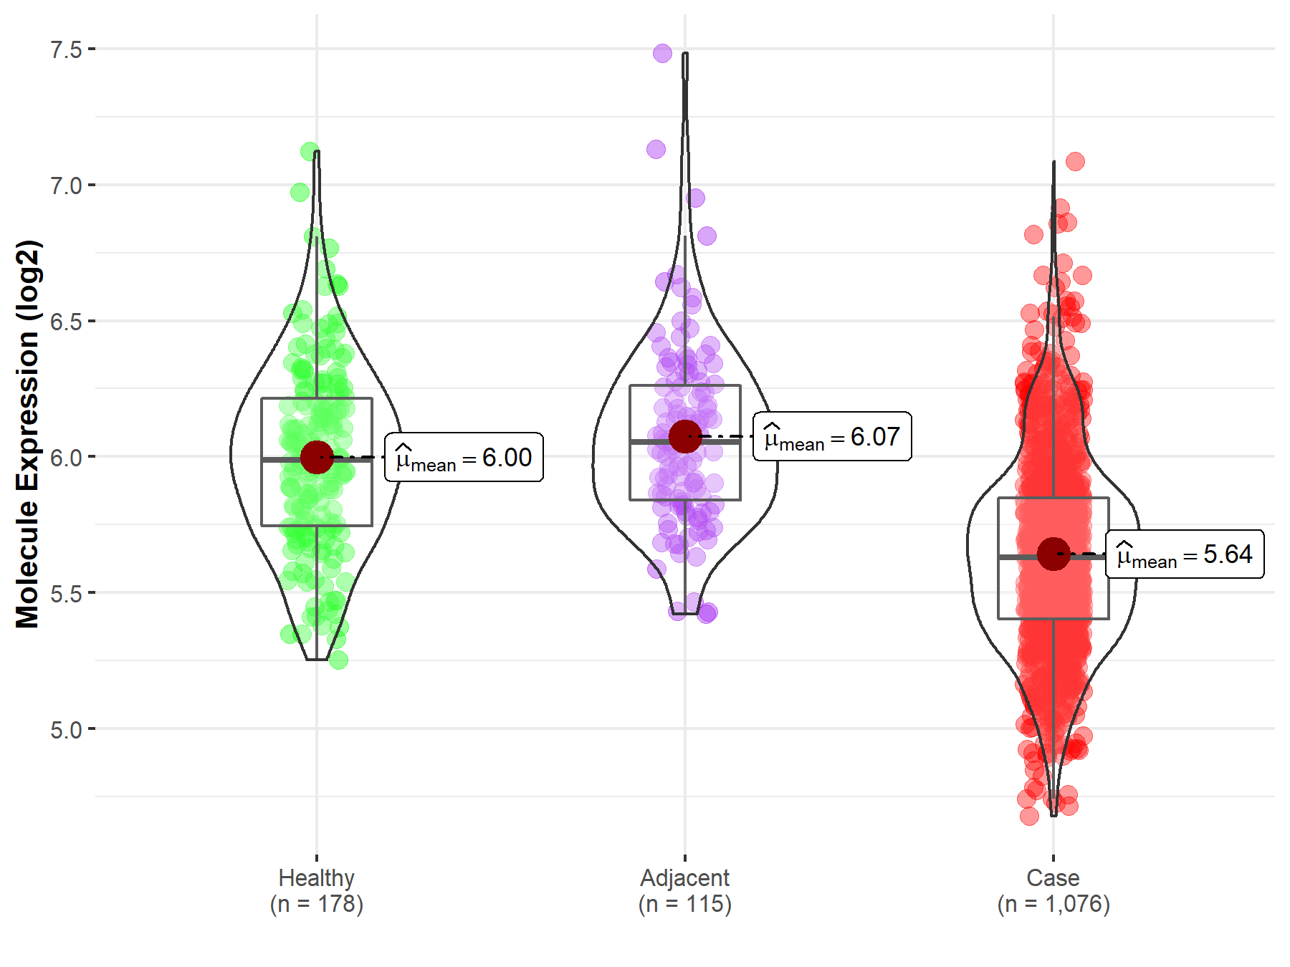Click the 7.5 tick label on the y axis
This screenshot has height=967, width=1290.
click(x=66, y=49)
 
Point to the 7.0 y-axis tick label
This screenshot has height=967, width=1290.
click(x=66, y=186)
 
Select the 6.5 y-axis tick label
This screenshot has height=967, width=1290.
click(x=66, y=322)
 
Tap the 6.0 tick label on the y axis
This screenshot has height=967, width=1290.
click(x=66, y=457)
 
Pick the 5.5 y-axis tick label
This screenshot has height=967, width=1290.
click(x=66, y=593)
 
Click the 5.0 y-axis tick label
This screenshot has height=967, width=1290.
click(x=66, y=729)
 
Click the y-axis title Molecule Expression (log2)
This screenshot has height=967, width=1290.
click(x=27, y=434)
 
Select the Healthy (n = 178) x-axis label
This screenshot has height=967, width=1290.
click(x=317, y=890)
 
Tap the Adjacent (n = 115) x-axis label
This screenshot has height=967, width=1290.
click(x=685, y=890)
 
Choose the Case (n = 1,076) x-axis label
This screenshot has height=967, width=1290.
click(x=1053, y=890)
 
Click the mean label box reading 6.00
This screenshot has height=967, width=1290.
click(x=464, y=457)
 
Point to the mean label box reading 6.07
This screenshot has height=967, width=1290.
click(x=832, y=436)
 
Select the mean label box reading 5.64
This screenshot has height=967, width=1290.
click(x=1185, y=554)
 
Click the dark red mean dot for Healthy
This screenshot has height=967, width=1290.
click(x=317, y=457)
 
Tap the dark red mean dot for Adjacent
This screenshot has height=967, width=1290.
click(x=685, y=436)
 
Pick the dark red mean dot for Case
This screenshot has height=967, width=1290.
click(x=1053, y=554)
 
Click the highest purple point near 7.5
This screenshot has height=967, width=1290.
click(x=662, y=53)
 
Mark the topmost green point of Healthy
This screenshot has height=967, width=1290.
click(x=310, y=151)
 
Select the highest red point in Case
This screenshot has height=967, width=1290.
click(x=1075, y=161)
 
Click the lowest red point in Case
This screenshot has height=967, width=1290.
click(x=1029, y=816)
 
